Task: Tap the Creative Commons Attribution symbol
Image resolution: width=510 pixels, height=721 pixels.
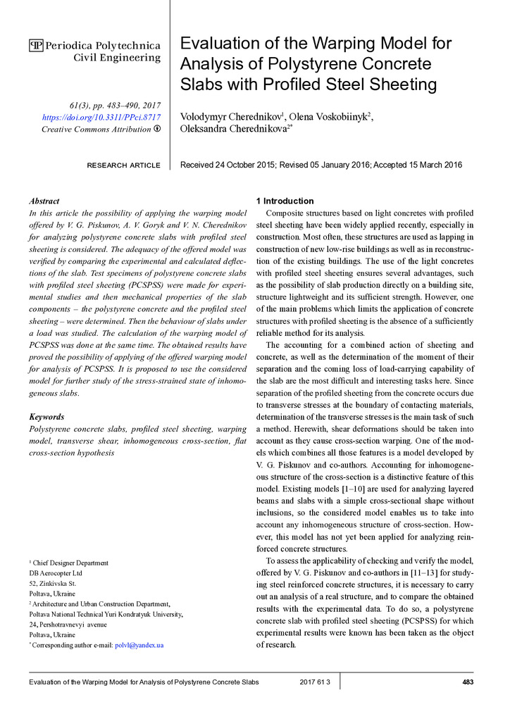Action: click(156, 129)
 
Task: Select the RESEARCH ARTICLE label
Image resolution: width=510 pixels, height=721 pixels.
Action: click(123, 165)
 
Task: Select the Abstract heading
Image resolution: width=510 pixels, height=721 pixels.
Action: click(44, 201)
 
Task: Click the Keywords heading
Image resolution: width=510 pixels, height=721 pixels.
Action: click(46, 417)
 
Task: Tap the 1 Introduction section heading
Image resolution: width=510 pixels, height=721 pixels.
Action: click(285, 201)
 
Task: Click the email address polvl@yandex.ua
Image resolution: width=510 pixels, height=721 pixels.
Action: click(139, 645)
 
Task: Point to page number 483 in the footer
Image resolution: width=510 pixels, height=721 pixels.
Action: click(467, 682)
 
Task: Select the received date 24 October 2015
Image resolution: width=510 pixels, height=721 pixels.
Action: click(246, 165)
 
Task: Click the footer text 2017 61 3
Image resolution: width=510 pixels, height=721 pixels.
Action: click(314, 682)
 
